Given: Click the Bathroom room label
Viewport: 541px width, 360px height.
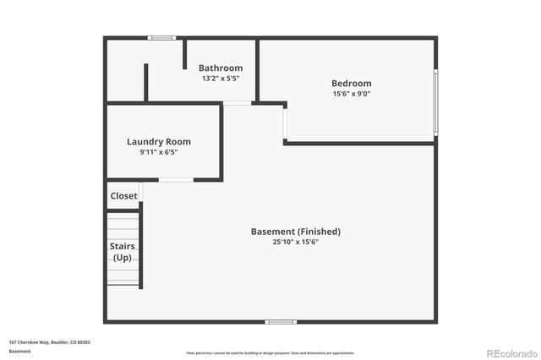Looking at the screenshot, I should coord(221,68).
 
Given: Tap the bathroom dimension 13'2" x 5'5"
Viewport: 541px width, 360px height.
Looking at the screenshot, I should coord(221,79).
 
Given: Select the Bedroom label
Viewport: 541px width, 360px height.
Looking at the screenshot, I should coord(351,84).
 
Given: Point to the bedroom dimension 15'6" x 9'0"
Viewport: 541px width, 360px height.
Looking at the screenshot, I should coord(351,94).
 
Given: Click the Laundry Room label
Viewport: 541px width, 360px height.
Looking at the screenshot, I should coord(159,142).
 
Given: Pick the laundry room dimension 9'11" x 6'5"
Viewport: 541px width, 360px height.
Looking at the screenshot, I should coord(159,152).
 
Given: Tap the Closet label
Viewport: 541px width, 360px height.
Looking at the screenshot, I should coord(123,196).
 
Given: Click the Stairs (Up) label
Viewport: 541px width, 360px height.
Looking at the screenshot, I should coord(123,251).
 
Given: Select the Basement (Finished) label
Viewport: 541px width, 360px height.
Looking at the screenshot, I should coord(296,232).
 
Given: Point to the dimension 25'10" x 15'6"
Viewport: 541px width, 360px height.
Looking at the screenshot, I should coord(296,243).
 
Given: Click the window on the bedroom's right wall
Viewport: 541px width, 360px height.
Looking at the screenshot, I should coord(436,101).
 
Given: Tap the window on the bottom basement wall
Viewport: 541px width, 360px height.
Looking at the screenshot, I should coord(281,321).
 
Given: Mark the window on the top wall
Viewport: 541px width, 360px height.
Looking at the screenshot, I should coord(161,38).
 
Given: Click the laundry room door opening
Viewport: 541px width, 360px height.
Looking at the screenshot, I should coord(176,180).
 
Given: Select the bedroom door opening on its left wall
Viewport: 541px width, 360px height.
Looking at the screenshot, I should coord(285,123).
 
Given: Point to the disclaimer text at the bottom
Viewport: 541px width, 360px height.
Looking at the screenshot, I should coord(270,353).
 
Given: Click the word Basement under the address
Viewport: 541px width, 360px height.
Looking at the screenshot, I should coord(19,351).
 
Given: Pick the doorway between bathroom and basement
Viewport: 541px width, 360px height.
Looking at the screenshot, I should coord(238,103).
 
